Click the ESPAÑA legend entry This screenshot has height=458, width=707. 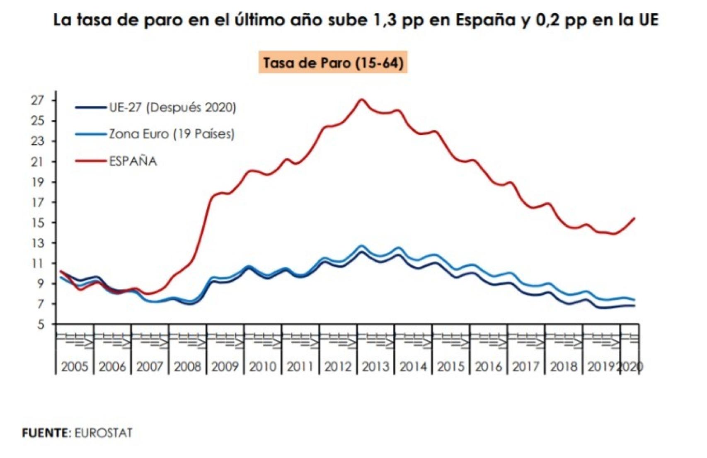coord(133,161)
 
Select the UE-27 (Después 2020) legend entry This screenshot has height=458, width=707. coord(172,107)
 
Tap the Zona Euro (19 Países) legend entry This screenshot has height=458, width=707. coord(172,134)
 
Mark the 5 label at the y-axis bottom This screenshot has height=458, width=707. coord(40,325)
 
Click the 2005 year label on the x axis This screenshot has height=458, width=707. coord(75,366)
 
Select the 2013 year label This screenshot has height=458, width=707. coord(375,366)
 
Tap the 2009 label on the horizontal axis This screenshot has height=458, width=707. coord(225,366)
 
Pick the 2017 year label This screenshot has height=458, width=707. coord(526,366)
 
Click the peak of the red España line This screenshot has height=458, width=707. coord(361,99)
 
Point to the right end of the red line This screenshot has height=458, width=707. coord(634,218)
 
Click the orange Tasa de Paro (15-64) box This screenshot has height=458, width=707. coord(333,63)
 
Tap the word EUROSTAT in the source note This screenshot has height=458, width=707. coord(103,433)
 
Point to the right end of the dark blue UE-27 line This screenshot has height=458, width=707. coord(634,306)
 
